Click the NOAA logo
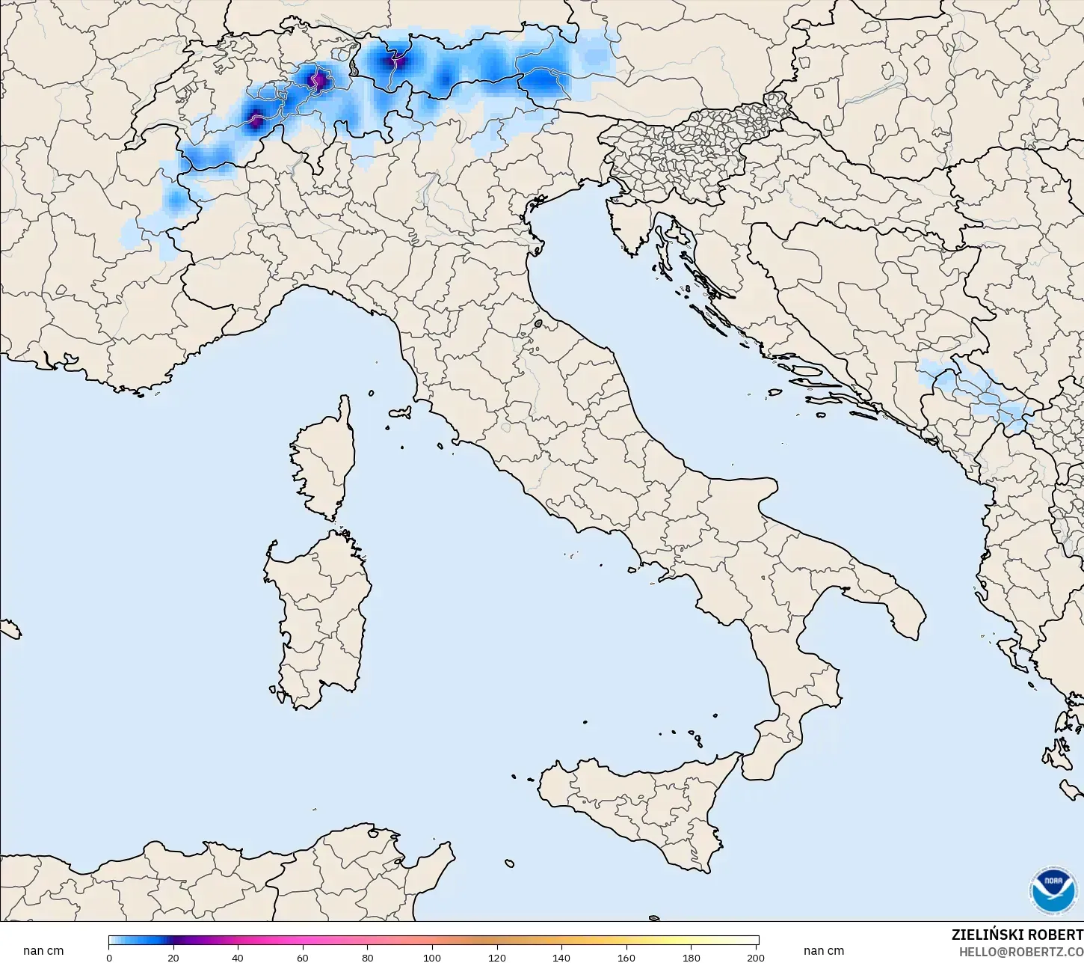[x=1053, y=890]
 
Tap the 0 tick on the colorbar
[x=109, y=957]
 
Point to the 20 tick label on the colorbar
[x=173, y=957]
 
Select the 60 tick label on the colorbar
[x=303, y=957]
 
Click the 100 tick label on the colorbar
[x=432, y=957]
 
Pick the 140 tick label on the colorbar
[x=561, y=957]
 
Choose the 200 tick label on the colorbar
[x=755, y=957]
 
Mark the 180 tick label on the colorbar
[x=692, y=957]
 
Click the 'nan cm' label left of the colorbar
[x=43, y=951]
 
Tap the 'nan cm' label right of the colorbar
[x=824, y=951]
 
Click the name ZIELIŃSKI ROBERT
[x=1017, y=935]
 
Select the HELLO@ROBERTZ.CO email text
[x=1021, y=951]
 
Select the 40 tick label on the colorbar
[x=238, y=957]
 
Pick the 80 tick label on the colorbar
[x=368, y=957]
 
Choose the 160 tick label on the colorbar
[x=626, y=957]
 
